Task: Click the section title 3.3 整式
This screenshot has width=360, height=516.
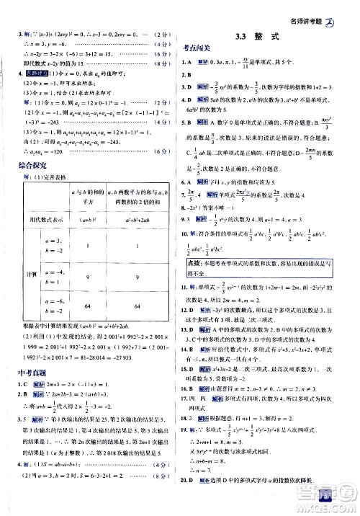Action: [x=266, y=36]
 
